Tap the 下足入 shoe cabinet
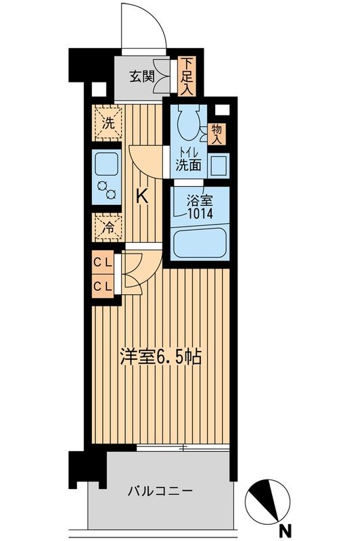click(x=186, y=75)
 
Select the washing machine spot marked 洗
click(x=107, y=123)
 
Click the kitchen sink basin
click(x=107, y=164)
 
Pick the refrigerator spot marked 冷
click(x=107, y=228)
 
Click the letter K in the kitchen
click(x=142, y=197)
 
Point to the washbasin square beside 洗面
click(x=218, y=164)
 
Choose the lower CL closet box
click(x=104, y=285)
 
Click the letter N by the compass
click(x=287, y=529)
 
